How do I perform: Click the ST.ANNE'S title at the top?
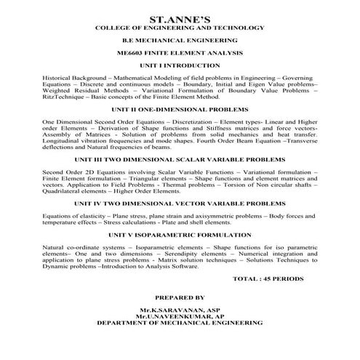[x=180, y=15]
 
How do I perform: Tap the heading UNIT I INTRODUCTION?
[x=180, y=65]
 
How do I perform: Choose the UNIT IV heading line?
[x=180, y=204]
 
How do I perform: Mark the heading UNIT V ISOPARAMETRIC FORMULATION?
[x=180, y=236]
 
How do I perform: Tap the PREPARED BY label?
[x=180, y=298]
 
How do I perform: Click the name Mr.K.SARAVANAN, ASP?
[x=180, y=310]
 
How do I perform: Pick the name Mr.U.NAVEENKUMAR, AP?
[x=180, y=316]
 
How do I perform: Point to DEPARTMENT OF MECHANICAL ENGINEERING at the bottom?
[x=180, y=322]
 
